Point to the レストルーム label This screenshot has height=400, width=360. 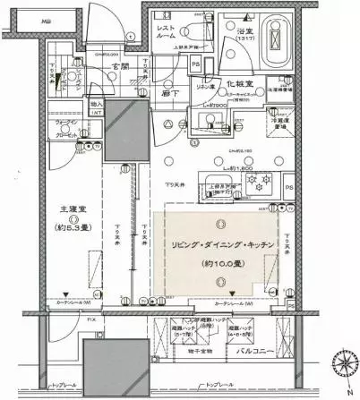167,34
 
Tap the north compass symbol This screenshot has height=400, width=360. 344,369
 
